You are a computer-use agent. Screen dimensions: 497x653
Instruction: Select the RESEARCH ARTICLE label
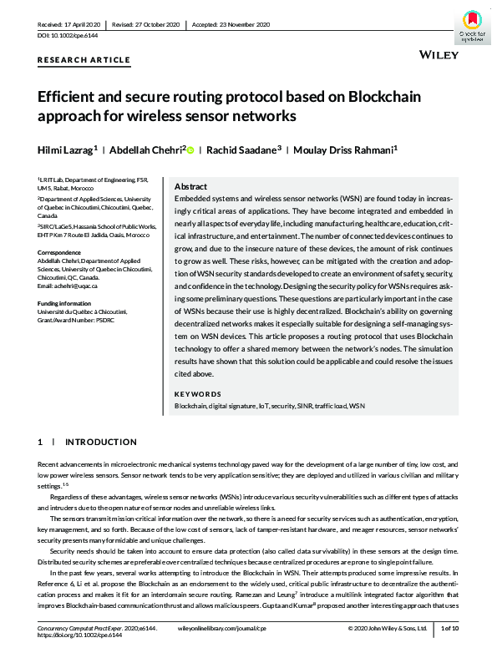(84, 60)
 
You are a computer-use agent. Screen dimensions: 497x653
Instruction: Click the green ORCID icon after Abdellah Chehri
(190, 149)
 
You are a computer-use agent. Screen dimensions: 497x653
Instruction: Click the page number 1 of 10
(451, 626)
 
